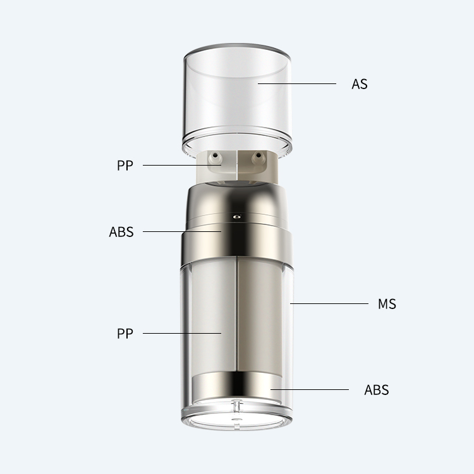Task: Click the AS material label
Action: click(x=360, y=84)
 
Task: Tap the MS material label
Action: click(x=387, y=304)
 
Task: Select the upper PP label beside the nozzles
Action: click(x=125, y=166)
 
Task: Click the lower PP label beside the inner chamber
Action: click(x=125, y=334)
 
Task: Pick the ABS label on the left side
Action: click(x=121, y=232)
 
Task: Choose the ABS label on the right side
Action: click(x=377, y=390)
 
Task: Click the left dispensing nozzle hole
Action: click(x=215, y=155)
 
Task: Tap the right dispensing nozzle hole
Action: click(x=258, y=155)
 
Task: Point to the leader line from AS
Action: click(x=297, y=83)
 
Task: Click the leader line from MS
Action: click(x=329, y=303)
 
